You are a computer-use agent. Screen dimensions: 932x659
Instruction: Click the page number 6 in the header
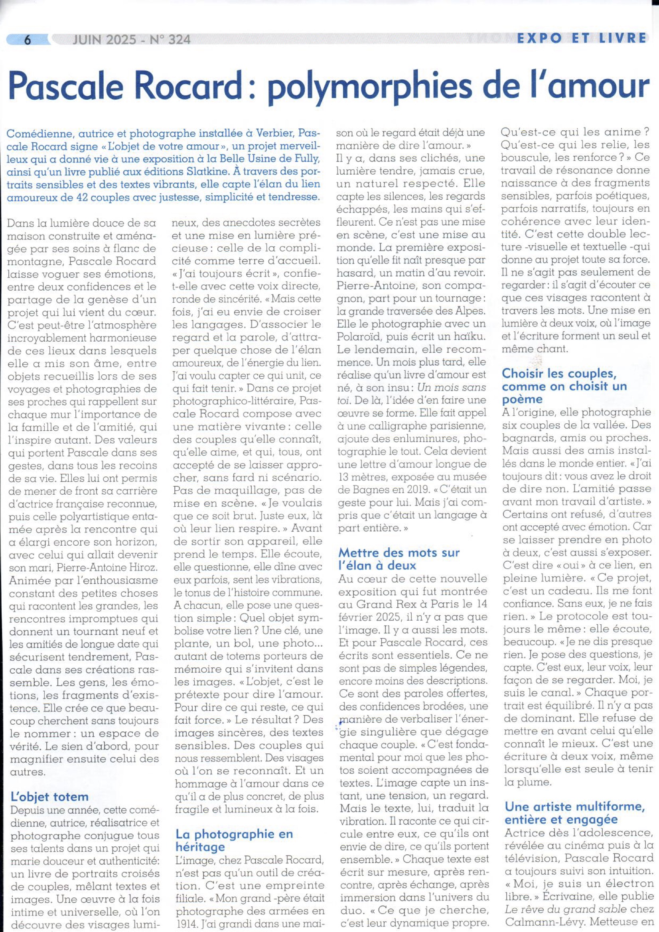(28, 39)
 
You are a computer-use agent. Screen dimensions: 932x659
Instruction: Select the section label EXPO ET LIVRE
(581, 38)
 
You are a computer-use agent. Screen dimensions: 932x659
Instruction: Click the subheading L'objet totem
(49, 796)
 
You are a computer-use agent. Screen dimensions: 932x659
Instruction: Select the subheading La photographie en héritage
(234, 840)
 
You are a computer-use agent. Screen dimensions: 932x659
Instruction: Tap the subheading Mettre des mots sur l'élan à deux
(399, 559)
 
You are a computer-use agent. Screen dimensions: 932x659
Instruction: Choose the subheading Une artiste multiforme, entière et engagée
(574, 813)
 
